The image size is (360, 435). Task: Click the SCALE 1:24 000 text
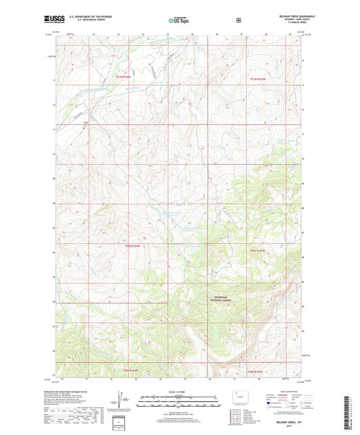(179, 392)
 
